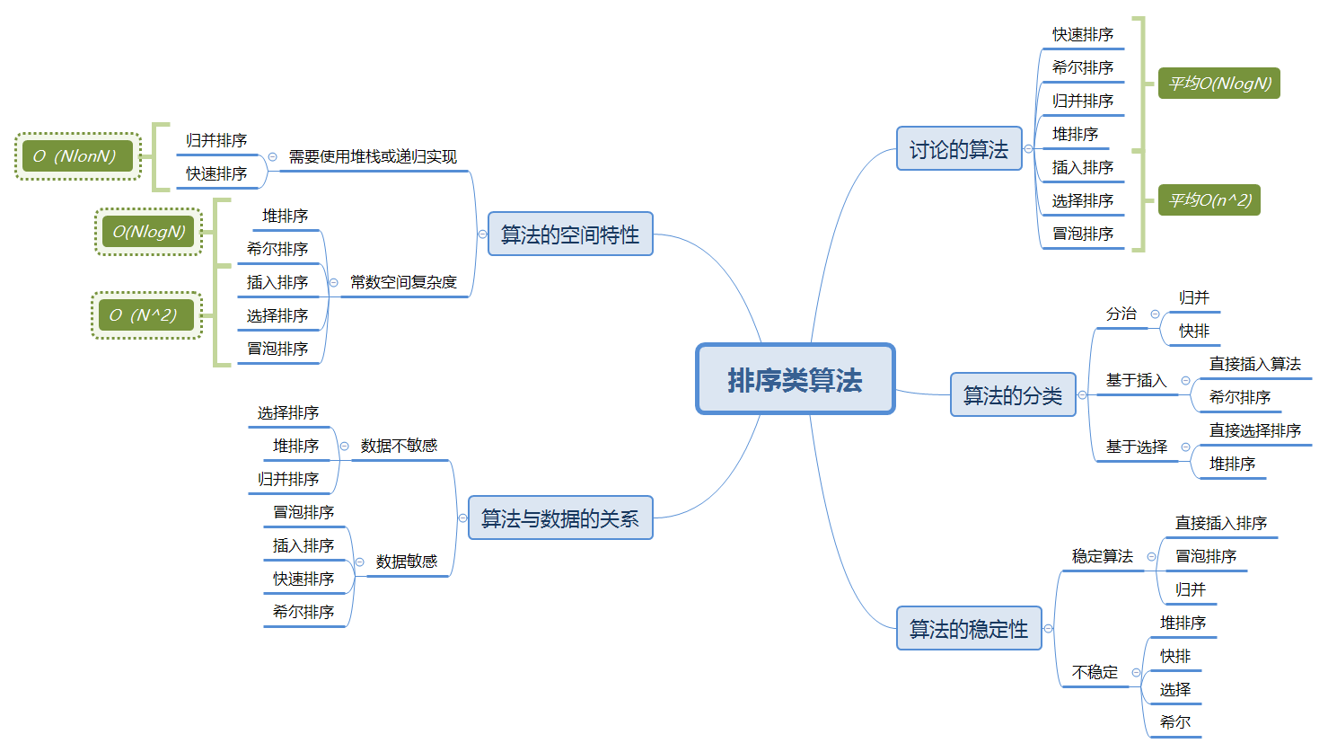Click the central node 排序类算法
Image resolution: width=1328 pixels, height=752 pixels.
796,379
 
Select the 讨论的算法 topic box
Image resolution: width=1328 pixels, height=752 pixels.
959,149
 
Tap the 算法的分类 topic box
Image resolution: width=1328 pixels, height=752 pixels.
1013,395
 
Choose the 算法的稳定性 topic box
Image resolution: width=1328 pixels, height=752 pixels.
969,629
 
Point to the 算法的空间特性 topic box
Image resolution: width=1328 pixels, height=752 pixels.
570,234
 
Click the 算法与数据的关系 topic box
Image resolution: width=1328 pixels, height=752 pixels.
560,518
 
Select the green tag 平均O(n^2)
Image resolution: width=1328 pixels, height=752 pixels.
1209,199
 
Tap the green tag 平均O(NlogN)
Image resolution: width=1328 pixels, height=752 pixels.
1219,84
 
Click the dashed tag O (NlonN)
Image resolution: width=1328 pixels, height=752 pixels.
78,156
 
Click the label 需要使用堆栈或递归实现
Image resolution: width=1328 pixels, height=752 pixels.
373,156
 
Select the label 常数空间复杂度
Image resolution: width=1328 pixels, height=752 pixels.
403,282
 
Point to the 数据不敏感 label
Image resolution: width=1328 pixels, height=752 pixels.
399,446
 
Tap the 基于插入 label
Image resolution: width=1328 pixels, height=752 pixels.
1136,380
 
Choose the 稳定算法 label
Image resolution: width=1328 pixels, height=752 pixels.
1103,556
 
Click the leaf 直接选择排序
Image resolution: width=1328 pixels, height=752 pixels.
1254,430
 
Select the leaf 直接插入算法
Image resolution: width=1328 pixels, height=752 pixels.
1254,364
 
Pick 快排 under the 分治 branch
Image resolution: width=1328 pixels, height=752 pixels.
1194,331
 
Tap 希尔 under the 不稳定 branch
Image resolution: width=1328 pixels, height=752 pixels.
1175,721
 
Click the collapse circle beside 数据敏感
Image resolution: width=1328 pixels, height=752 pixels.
359,562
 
